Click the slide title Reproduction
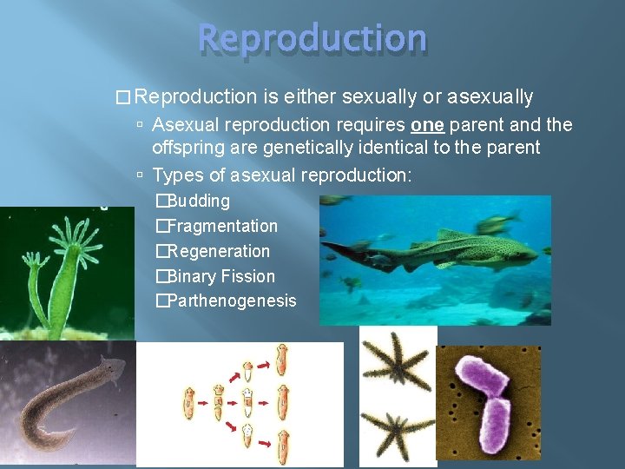coord(312,39)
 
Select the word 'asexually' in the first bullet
coord(490,96)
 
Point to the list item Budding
coord(198,201)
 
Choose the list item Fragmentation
coord(222,226)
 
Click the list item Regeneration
coord(218,251)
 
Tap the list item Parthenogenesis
coord(231,301)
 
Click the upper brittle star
coord(398,360)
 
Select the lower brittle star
coord(397,426)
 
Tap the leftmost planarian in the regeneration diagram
coord(187,404)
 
